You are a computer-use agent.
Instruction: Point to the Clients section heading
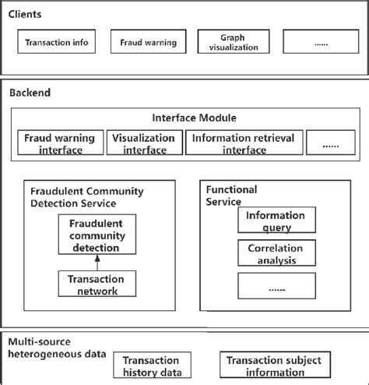pyautogui.click(x=26, y=14)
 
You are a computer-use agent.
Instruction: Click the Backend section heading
pyautogui.click(x=29, y=91)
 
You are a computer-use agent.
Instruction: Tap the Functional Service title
pyautogui.click(x=232, y=195)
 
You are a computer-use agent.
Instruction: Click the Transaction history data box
pyautogui.click(x=153, y=366)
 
